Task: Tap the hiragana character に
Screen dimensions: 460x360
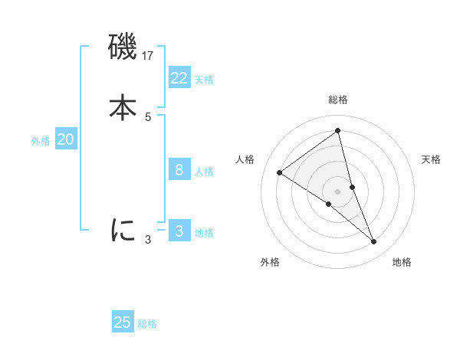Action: coord(123,230)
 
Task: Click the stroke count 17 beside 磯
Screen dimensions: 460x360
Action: coord(149,55)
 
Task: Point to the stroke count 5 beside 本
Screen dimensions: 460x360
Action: coord(148,116)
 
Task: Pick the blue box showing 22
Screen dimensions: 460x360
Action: coord(179,78)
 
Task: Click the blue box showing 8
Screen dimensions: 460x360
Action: coord(179,170)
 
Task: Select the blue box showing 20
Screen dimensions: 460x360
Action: coord(66,139)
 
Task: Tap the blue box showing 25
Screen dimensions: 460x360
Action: coord(123,322)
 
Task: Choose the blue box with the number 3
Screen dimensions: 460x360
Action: coord(179,231)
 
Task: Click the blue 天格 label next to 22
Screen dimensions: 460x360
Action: coord(204,80)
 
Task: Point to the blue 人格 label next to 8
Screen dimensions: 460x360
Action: coord(204,172)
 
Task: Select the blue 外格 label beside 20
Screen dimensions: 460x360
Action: coord(41,141)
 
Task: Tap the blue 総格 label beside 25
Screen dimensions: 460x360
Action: coord(147,324)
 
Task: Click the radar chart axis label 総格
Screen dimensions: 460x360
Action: coord(338,100)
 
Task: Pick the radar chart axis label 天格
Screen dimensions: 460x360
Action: coord(432,159)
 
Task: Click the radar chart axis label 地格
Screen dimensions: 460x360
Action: coord(402,262)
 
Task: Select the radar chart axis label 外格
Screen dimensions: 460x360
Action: coord(270,262)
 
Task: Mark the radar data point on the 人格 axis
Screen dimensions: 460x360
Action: coord(280,172)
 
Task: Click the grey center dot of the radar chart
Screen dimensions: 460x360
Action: coord(338,191)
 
